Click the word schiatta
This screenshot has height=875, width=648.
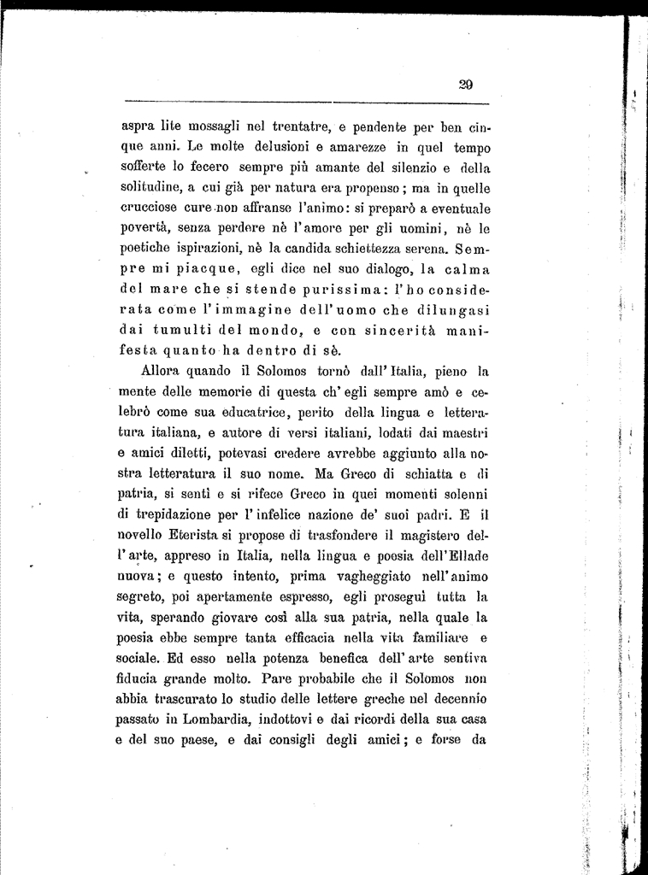415,475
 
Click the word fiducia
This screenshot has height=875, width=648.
142,681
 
